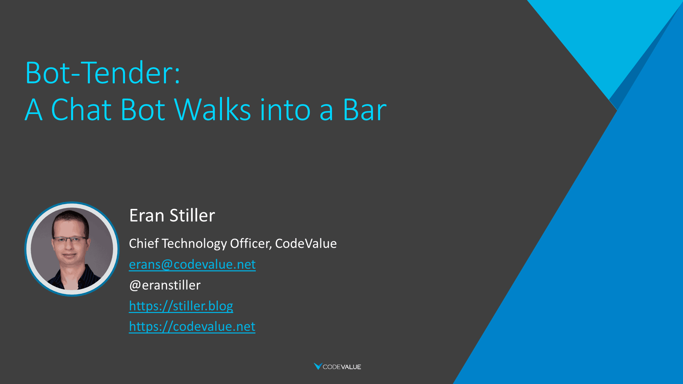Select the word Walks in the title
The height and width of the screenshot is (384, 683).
(x=213, y=110)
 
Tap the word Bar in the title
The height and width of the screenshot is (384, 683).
(x=365, y=110)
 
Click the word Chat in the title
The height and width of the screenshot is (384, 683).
(x=81, y=110)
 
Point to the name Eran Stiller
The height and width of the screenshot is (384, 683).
(x=172, y=215)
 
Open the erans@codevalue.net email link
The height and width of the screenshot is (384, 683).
(x=192, y=264)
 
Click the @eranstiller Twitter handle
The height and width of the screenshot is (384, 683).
(x=165, y=285)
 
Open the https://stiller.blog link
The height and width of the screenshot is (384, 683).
(x=181, y=306)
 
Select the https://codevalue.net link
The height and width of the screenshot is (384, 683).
(x=192, y=326)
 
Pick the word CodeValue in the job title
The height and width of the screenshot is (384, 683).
(x=306, y=243)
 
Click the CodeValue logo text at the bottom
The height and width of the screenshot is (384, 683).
(x=342, y=367)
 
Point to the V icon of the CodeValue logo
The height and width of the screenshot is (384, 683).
(x=318, y=366)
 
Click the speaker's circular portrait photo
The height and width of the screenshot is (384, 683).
(x=72, y=249)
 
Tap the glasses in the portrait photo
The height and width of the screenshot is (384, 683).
(x=70, y=239)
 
